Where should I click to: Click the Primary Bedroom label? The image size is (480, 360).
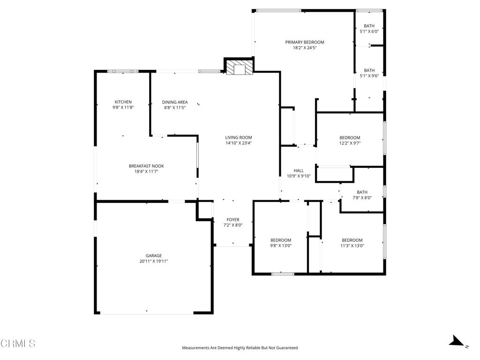(x=305, y=42)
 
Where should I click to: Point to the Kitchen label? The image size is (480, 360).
(x=123, y=102)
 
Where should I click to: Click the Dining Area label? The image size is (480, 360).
(x=175, y=102)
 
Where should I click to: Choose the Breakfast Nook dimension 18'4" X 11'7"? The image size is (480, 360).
(x=146, y=172)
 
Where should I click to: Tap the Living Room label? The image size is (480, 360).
(x=239, y=137)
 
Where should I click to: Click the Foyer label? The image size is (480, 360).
(x=233, y=219)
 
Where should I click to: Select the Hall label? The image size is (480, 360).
(x=299, y=171)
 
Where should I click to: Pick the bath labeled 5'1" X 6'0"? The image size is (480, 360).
(x=369, y=29)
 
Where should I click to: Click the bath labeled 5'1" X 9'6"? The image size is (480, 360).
(x=369, y=73)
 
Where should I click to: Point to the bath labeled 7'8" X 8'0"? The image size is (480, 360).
(x=362, y=195)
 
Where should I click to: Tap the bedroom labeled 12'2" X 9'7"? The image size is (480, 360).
(x=350, y=140)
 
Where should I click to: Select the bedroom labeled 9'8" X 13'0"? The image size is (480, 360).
(x=280, y=242)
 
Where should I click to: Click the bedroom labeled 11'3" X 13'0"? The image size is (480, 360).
(x=352, y=242)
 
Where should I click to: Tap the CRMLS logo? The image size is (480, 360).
(x=18, y=344)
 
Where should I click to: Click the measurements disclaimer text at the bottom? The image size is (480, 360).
(x=240, y=348)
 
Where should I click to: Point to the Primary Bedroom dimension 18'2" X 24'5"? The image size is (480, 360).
(x=305, y=48)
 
